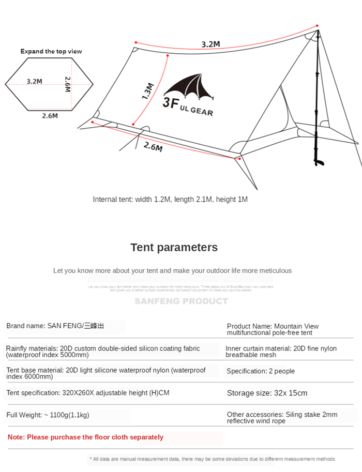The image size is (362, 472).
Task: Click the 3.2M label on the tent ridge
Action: [210, 44]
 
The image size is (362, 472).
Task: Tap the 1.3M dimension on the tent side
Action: [147, 91]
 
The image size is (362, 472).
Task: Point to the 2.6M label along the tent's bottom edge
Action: [153, 147]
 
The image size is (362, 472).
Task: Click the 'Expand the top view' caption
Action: [51, 51]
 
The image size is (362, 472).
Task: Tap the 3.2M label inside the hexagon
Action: [34, 81]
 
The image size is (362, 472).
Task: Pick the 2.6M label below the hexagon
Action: [50, 116]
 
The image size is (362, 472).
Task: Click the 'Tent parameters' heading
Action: [174, 247]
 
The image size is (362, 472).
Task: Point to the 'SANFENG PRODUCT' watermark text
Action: [181, 301]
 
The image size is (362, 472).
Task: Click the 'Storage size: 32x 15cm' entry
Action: [267, 393]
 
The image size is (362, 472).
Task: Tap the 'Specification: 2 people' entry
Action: [260, 371]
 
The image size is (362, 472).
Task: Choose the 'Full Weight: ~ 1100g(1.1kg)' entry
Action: [48, 415]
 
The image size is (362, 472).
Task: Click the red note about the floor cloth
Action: [85, 437]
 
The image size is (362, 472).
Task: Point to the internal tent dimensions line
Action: [170, 199]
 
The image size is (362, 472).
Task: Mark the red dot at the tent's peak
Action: [317, 25]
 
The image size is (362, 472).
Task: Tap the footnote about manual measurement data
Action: [212, 459]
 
